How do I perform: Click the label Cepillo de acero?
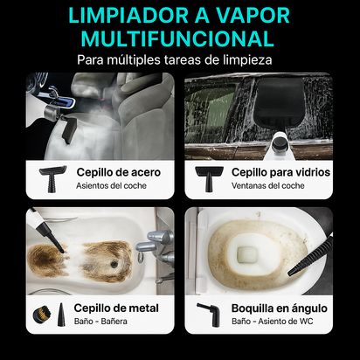tap(118, 172)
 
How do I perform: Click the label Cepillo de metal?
tap(116, 308)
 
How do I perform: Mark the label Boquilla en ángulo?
tap(280, 308)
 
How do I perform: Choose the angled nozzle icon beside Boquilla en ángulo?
tap(208, 315)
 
